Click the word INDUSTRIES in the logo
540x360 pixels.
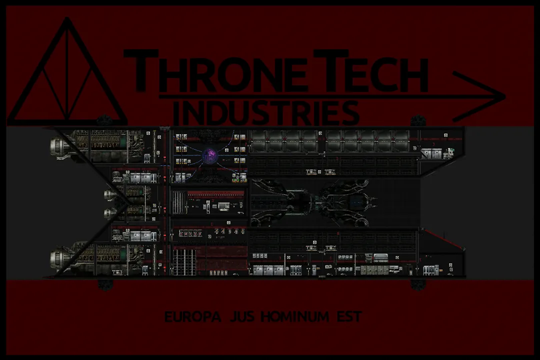[x=268, y=113]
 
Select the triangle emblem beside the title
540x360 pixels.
[x=67, y=75]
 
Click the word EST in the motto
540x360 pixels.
[x=349, y=317]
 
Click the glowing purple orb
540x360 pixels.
[x=209, y=156]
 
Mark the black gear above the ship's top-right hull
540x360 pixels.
[x=417, y=121]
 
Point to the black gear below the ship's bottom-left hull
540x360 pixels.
[x=104, y=284]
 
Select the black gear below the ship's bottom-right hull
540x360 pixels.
[x=417, y=284]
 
